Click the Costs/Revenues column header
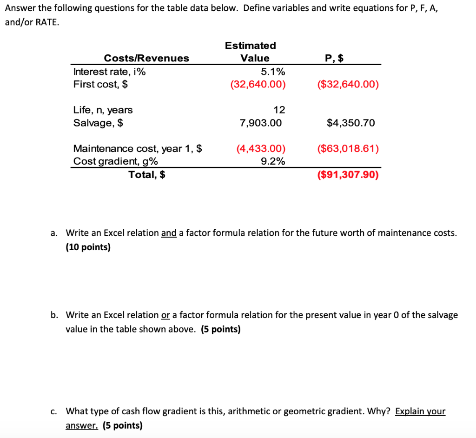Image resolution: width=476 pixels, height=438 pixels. click(146, 58)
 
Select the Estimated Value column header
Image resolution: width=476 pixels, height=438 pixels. click(251, 52)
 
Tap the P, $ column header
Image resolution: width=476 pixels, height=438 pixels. click(335, 58)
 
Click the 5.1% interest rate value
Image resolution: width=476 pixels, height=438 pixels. click(273, 72)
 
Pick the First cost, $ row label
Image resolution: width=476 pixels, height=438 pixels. click(101, 84)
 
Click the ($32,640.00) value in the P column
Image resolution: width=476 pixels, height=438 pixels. click(348, 85)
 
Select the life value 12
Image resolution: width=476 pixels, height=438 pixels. click(279, 110)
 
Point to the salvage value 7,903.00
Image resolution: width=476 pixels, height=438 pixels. click(260, 123)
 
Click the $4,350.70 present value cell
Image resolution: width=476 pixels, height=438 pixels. click(350, 123)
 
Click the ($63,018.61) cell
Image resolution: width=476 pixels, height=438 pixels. click(348, 149)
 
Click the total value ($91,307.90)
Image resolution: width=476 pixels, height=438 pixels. click(348, 175)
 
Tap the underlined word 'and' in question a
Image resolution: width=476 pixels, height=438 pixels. click(169, 233)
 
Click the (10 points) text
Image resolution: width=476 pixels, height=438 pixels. click(88, 247)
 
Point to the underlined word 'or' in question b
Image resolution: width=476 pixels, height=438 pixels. click(165, 315)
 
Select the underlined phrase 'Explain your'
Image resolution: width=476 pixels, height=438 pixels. click(420, 411)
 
